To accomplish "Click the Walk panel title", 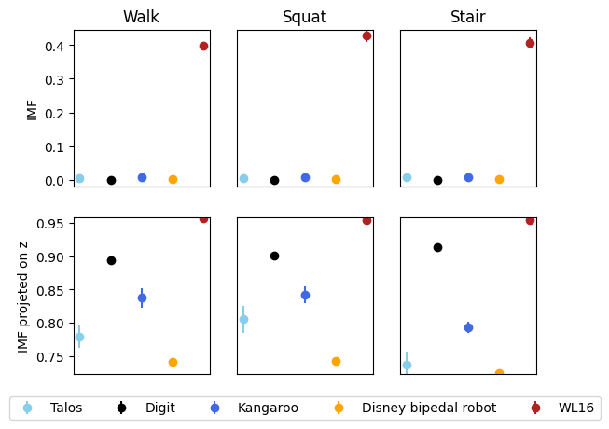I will (141, 17).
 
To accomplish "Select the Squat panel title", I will (304, 17).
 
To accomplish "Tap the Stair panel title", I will (467, 17).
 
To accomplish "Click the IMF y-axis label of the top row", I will (33, 108).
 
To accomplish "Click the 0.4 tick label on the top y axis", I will (55, 46).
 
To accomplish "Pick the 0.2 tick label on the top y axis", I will (55, 113).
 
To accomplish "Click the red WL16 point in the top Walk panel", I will (203, 46).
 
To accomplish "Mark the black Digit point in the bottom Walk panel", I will (111, 260).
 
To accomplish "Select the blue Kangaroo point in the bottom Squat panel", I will (305, 295).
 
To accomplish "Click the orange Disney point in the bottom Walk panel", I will (173, 362).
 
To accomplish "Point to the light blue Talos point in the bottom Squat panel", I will (243, 319).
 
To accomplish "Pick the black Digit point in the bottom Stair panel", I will (437, 247).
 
